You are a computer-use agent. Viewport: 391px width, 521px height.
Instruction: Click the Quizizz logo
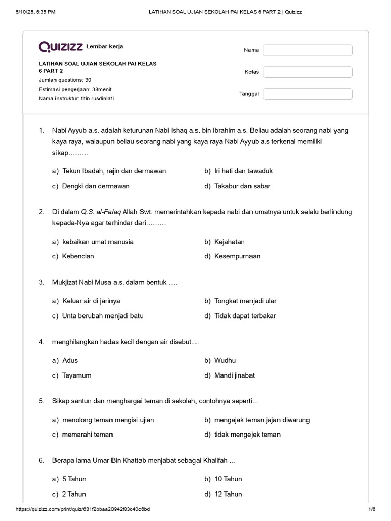tap(61, 47)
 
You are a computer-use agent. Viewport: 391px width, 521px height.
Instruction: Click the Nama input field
tap(308, 50)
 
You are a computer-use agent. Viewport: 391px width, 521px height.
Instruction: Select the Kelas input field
tap(308, 72)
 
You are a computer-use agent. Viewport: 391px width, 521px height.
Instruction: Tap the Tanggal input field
tap(308, 94)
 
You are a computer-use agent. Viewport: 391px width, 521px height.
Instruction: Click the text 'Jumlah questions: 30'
tap(65, 80)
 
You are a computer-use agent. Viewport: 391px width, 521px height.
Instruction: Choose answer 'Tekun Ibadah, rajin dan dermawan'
tap(114, 171)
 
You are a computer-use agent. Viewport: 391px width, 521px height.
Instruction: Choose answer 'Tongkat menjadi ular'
tap(245, 301)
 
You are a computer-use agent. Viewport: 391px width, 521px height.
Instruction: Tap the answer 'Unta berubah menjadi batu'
tap(102, 316)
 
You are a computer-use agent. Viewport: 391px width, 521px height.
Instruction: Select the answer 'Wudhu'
tap(225, 360)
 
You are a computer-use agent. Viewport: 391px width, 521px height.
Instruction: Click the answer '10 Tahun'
tap(228, 479)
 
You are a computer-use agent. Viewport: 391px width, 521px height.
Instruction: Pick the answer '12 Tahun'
tap(228, 494)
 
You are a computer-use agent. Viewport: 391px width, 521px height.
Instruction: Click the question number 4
tap(41, 342)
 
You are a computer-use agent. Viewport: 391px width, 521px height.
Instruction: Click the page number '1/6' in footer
tap(371, 509)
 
